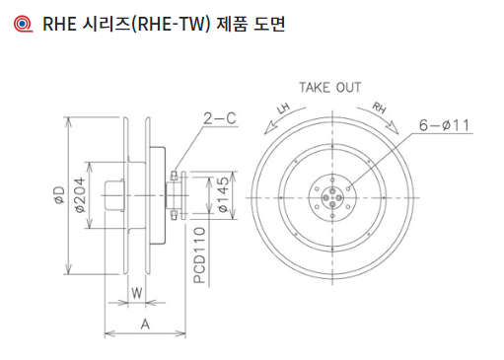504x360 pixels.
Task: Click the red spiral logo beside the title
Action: [x=23, y=24]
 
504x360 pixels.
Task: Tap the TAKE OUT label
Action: [x=329, y=88]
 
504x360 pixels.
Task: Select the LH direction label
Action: [x=283, y=108]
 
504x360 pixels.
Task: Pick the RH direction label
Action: [x=379, y=108]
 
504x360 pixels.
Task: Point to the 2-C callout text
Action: [x=220, y=118]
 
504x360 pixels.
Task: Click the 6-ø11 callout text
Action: [x=444, y=125]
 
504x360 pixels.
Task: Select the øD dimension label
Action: [x=60, y=195]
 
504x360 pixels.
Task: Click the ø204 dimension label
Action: [x=80, y=195]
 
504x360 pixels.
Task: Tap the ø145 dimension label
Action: [x=223, y=194]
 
